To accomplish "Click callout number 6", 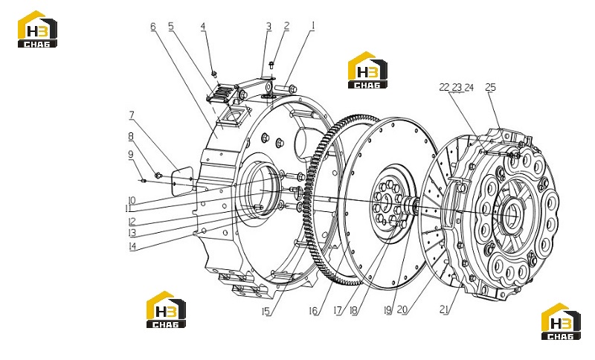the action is pos(153,27).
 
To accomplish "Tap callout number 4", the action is pos(203,26).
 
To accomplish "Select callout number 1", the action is pos(313,25).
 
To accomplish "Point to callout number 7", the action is pos(132,115).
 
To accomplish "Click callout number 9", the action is pos(131,155).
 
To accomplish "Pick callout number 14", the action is pos(132,246).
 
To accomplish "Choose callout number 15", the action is pos(266,312).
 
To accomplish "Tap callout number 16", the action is pos(313,311).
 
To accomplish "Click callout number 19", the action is pos(387,311).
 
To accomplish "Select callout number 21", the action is pos(444,309).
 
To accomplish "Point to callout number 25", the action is pos(491,87).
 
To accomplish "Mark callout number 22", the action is pos(444,87).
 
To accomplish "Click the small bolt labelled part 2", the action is pos(271,65).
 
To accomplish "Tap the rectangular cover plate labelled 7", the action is pos(181,181).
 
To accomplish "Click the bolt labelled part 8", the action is pos(158,175).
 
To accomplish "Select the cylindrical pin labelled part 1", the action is pos(286,89).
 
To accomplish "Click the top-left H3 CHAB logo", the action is pos(38,29).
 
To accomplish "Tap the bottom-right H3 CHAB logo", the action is pos(561,321).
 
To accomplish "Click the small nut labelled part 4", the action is pos(214,73).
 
